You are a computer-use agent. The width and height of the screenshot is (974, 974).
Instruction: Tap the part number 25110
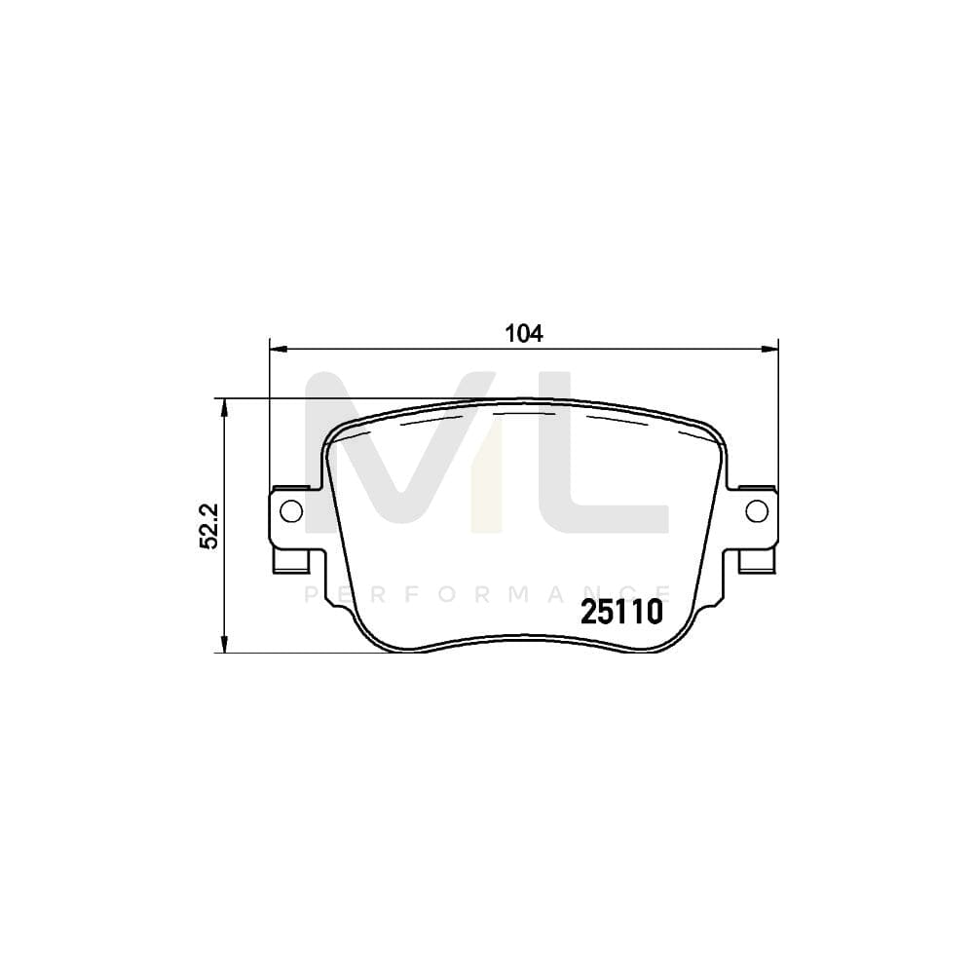(x=621, y=612)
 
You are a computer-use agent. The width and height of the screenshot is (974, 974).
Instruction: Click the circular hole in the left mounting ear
(x=289, y=510)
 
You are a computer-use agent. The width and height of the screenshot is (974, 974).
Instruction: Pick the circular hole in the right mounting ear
(x=757, y=510)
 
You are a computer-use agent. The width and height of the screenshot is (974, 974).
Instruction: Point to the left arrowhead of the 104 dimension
(x=276, y=347)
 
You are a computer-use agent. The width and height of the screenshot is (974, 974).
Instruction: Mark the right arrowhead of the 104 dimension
(x=772, y=347)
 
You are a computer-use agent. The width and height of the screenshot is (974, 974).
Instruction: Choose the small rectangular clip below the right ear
(x=757, y=562)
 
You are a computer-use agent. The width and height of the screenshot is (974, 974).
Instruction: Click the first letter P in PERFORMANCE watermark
(x=311, y=594)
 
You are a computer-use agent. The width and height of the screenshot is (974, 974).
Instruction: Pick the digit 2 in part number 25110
(x=589, y=612)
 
